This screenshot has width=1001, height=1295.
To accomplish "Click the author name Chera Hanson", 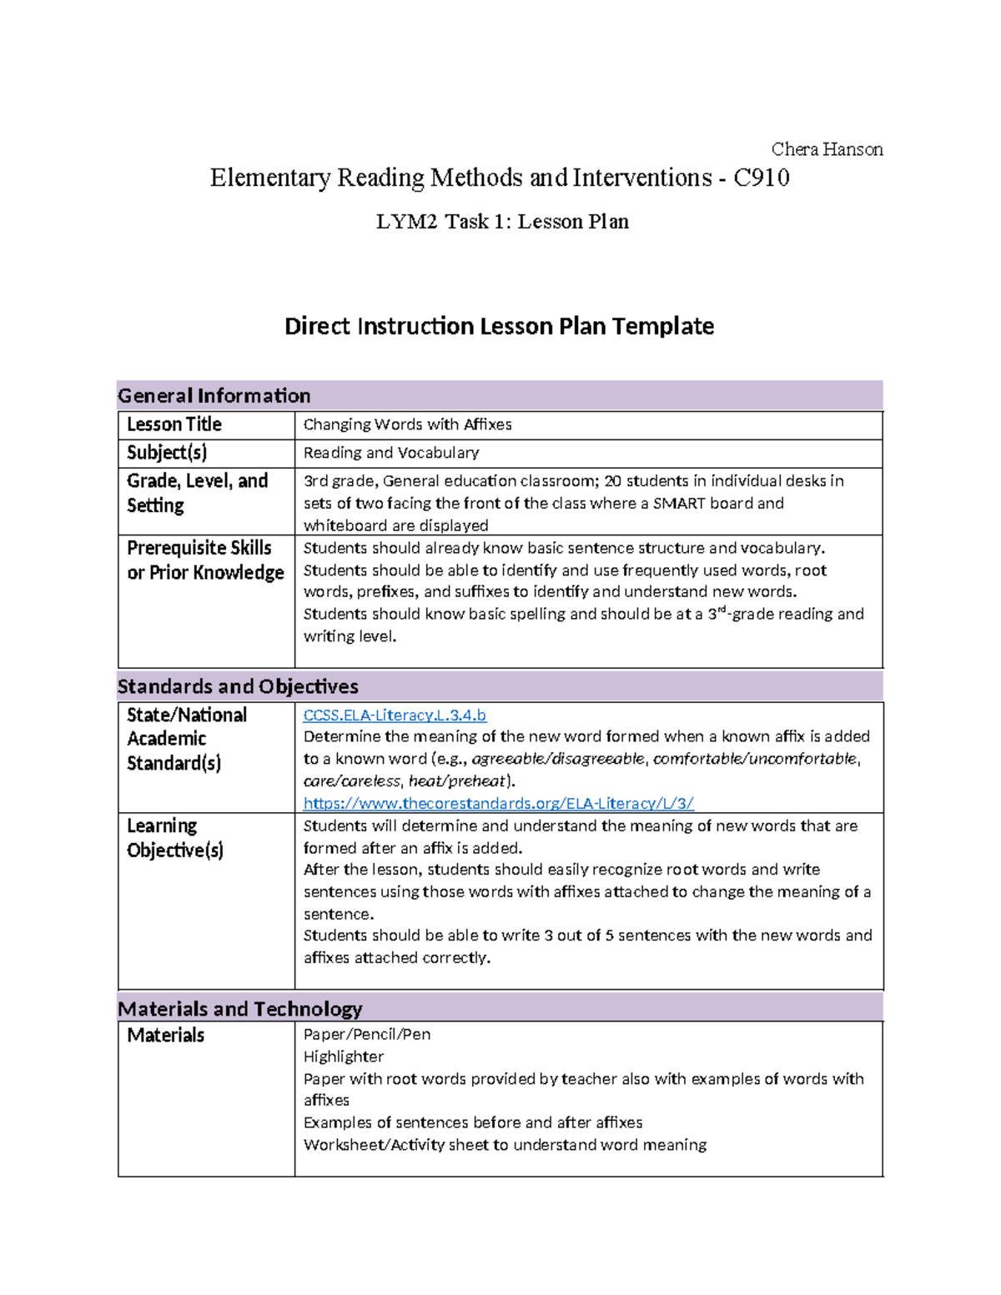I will (826, 149).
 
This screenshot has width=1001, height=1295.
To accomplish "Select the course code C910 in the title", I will (761, 178).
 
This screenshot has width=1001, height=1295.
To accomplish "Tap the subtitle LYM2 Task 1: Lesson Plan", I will (502, 222).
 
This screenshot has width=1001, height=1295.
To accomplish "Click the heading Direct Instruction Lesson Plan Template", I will (499, 326).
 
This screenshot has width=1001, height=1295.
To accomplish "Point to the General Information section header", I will (214, 395).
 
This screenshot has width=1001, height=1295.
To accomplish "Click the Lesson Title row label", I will (174, 424).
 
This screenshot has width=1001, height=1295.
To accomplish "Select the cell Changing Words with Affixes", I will (407, 424).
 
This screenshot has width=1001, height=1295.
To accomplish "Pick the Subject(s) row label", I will (167, 453).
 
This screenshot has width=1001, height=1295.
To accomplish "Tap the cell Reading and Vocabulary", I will (391, 453).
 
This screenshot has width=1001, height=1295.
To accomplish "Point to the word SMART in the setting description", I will (677, 503).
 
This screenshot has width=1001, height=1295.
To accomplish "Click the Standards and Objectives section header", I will (238, 686).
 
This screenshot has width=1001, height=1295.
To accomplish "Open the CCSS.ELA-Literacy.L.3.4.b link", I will (395, 715).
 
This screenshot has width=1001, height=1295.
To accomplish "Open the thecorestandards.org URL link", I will (498, 803).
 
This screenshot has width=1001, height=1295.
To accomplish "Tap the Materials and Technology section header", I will (240, 1009).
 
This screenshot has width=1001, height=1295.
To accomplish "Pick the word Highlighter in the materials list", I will (344, 1057).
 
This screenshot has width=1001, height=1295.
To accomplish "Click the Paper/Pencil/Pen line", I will (367, 1035).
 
